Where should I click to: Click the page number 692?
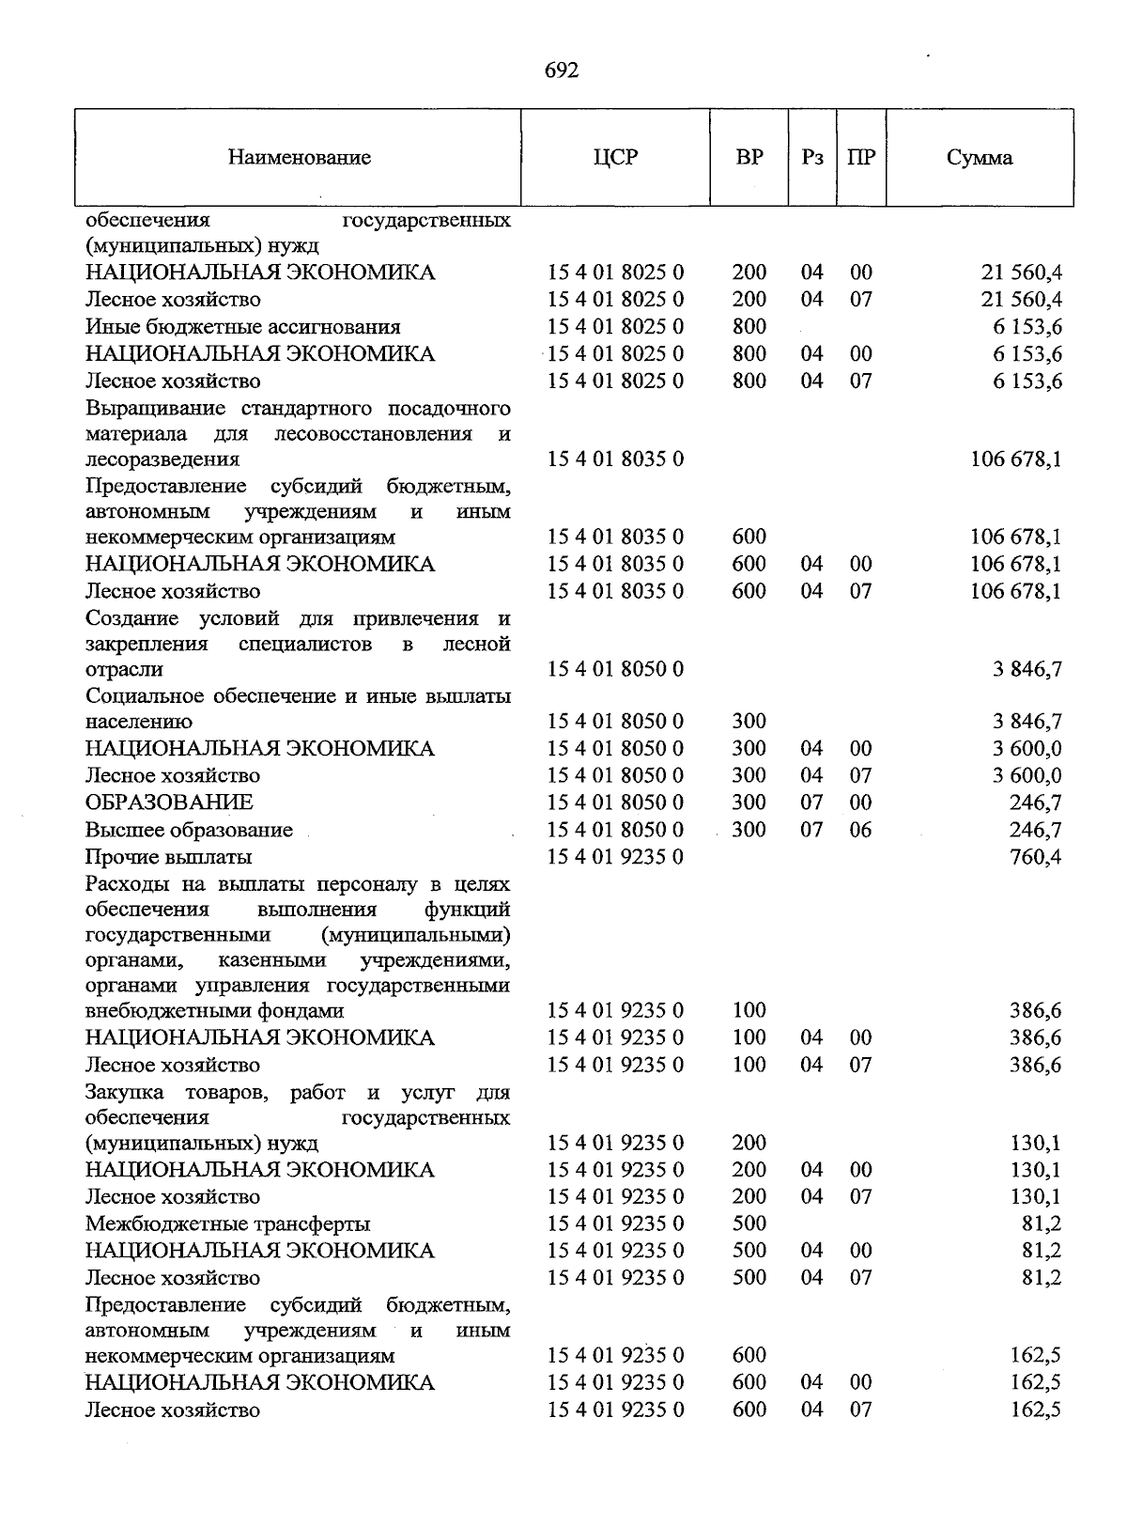pos(562,71)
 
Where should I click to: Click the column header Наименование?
pos(299,158)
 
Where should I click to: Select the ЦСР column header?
pos(615,158)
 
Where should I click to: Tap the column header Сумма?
pos(980,158)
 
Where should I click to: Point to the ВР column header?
pos(749,158)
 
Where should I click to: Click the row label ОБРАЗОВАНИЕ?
pos(169,802)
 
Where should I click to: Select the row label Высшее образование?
pos(189,830)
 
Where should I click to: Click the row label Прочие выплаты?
pos(168,857)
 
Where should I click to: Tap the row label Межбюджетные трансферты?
pos(227,1223)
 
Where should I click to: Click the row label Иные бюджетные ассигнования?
pos(242,327)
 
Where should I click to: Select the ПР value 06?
pos(860,830)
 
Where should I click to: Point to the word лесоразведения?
pos(162,460)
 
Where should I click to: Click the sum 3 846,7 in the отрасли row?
pos(1027,670)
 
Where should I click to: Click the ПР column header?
pos(860,158)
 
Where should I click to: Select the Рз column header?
pos(812,158)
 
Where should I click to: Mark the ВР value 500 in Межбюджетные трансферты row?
pos(749,1223)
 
